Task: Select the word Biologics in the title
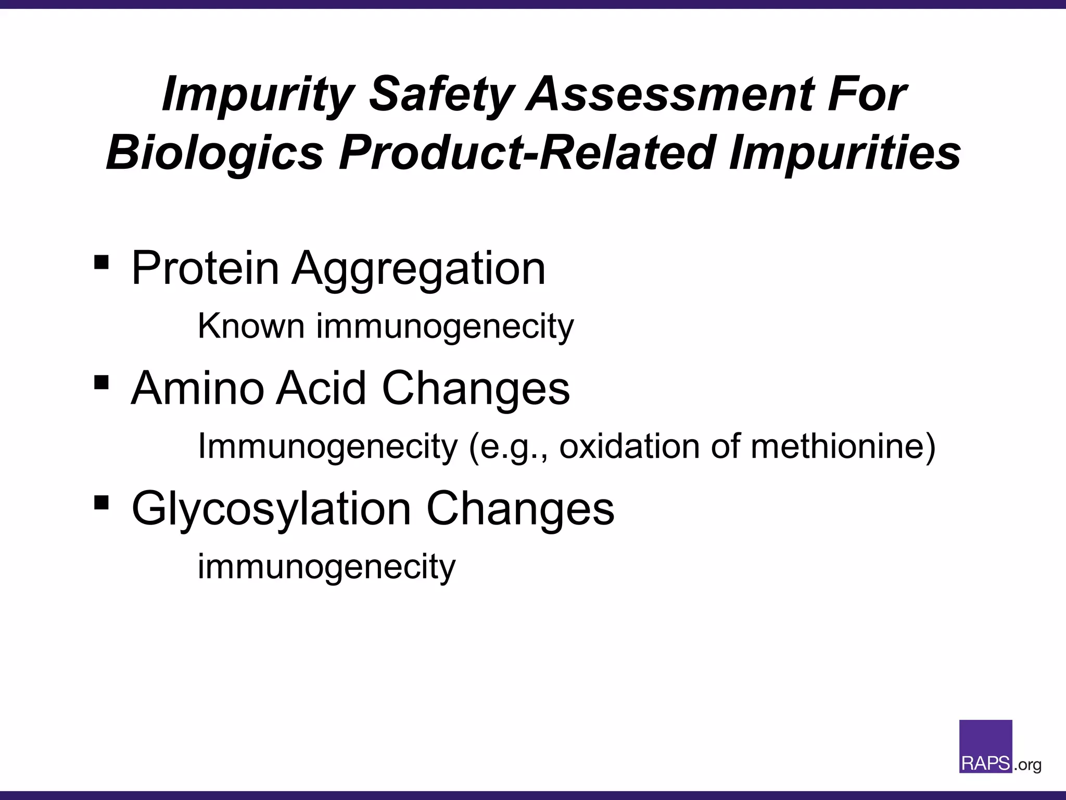tap(215, 153)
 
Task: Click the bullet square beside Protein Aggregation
tap(101, 261)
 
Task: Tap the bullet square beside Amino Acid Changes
tap(101, 383)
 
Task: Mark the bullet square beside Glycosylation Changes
tap(101, 503)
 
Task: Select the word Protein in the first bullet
tap(205, 268)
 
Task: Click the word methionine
tap(843, 446)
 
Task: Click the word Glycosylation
tap(271, 509)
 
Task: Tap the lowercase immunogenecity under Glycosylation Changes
tap(326, 567)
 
